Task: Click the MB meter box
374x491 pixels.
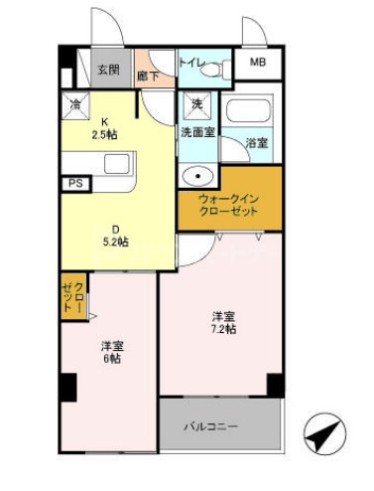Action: click(x=257, y=63)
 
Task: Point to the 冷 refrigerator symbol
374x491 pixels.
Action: click(x=75, y=102)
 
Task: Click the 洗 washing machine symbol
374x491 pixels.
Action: click(x=195, y=103)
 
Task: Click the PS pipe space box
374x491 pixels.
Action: click(x=74, y=184)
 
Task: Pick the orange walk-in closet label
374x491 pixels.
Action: click(x=228, y=205)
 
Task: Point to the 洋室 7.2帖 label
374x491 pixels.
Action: click(x=222, y=324)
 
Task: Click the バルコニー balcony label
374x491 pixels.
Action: click(x=216, y=426)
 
